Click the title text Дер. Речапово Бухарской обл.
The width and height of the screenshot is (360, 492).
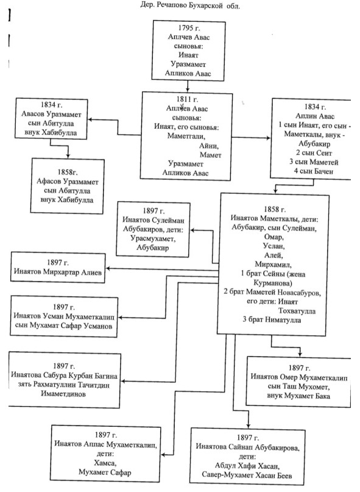click(190, 5)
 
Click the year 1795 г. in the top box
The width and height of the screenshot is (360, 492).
click(189, 28)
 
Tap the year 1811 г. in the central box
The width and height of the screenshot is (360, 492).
click(187, 99)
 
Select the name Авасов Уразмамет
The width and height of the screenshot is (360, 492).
click(51, 114)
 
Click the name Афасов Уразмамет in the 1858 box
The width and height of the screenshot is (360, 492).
click(68, 181)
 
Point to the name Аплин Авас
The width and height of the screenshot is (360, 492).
click(315, 116)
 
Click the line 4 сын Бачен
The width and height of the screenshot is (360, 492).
click(313, 171)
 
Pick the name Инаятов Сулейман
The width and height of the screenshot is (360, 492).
click(154, 220)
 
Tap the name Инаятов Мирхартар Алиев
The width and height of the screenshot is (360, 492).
click(58, 272)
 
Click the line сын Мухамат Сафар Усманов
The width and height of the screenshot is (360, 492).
click(64, 326)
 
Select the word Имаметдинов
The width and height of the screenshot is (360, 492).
click(63, 394)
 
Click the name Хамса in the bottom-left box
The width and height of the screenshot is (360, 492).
click(105, 463)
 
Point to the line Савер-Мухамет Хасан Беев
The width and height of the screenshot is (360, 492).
click(247, 475)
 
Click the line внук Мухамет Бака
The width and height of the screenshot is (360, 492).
click(298, 396)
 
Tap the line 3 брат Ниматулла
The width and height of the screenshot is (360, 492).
click(272, 319)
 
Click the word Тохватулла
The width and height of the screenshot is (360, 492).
click(297, 311)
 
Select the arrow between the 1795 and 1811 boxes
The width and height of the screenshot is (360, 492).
click(188, 86)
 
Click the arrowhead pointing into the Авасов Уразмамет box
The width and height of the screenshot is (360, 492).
click(90, 119)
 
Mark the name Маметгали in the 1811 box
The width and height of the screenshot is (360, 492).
click(186, 136)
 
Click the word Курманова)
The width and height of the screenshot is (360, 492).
click(272, 283)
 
